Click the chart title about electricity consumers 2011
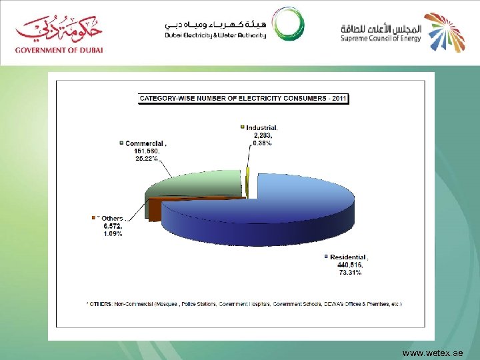click(x=243, y=99)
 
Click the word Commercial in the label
click(x=144, y=143)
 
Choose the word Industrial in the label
click(x=261, y=127)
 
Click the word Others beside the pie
click(x=111, y=219)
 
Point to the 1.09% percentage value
click(x=113, y=234)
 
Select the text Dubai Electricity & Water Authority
click(x=215, y=35)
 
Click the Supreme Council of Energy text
click(x=381, y=37)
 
